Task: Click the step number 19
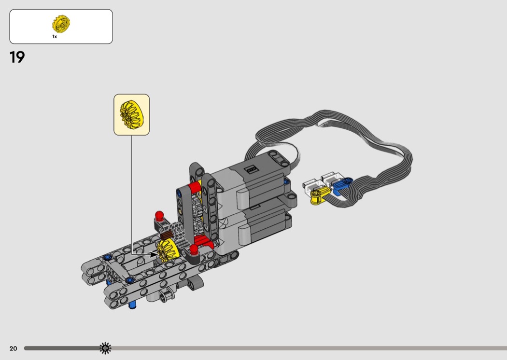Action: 17,57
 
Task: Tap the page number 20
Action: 13,348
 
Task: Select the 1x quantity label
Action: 55,37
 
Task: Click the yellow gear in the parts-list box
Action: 61,24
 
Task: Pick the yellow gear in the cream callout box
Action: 131,115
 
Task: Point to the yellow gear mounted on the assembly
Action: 168,250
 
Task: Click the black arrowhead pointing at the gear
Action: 154,254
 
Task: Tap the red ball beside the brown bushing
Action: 159,215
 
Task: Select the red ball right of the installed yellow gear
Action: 194,249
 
